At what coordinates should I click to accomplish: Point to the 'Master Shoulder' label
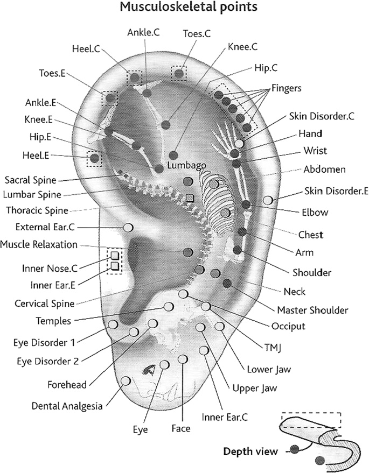click(312, 310)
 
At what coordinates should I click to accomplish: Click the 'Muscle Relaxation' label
click(39, 244)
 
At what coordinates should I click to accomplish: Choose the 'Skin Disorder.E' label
click(331, 190)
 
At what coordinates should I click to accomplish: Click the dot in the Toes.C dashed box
click(179, 73)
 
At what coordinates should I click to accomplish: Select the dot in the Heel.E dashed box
click(95, 158)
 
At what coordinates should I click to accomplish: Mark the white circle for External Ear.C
click(128, 227)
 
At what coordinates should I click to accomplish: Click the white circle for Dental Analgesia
click(126, 381)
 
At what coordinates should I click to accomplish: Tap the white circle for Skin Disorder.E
click(268, 200)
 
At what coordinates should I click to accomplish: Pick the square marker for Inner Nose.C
click(115, 256)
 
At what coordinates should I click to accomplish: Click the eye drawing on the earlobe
click(150, 370)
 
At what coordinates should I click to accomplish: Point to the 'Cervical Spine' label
click(45, 303)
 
